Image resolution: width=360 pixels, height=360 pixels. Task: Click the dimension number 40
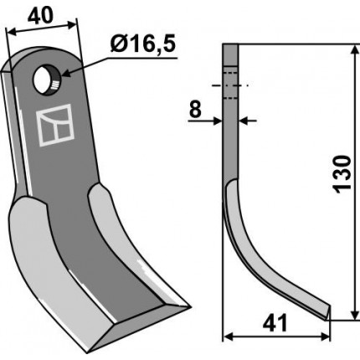(x=40, y=15)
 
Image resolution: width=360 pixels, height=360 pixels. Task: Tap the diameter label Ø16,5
(x=142, y=44)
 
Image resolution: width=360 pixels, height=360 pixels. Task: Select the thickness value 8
(x=195, y=110)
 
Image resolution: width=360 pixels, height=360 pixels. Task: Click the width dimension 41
(x=275, y=324)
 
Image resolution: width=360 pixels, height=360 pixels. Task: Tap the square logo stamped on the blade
(x=55, y=125)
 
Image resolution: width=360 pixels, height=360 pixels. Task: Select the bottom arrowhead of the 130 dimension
(x=355, y=314)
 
